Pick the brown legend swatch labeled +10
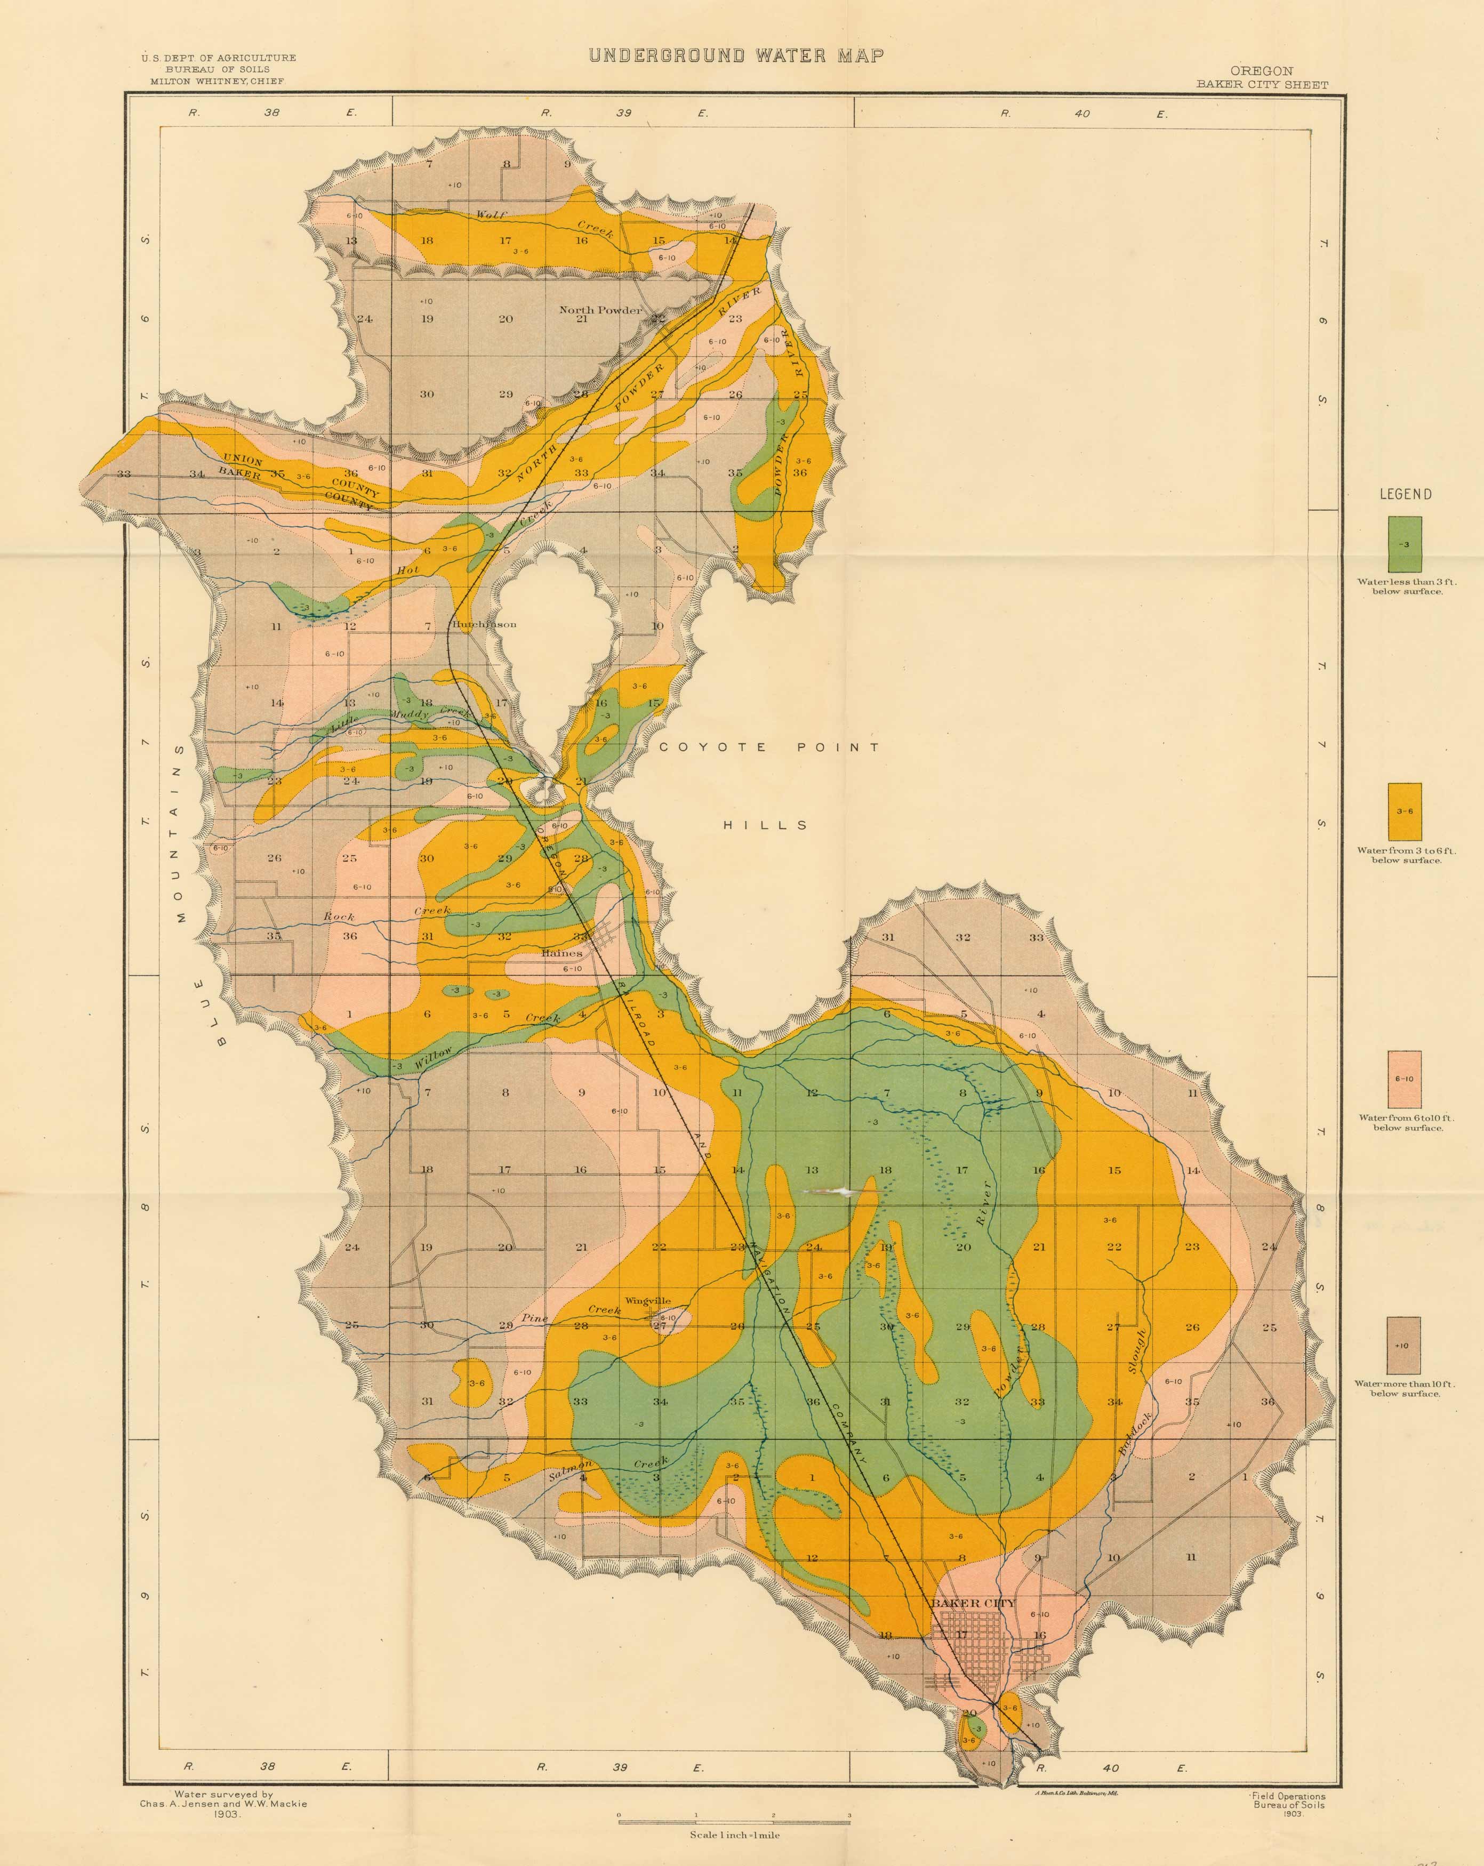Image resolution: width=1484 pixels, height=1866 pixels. [x=1403, y=1345]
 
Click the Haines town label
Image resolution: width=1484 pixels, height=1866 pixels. [x=562, y=953]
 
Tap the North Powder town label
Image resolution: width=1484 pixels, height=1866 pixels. [x=601, y=310]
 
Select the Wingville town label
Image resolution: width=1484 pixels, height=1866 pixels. [x=648, y=1301]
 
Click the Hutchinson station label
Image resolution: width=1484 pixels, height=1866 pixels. [x=484, y=624]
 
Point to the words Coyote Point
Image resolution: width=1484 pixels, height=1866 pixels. [x=769, y=747]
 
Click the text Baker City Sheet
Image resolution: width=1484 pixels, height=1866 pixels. [x=1262, y=84]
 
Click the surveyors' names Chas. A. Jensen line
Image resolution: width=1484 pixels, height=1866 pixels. [x=223, y=1804]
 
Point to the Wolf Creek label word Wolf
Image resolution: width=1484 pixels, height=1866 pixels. [x=490, y=215]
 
